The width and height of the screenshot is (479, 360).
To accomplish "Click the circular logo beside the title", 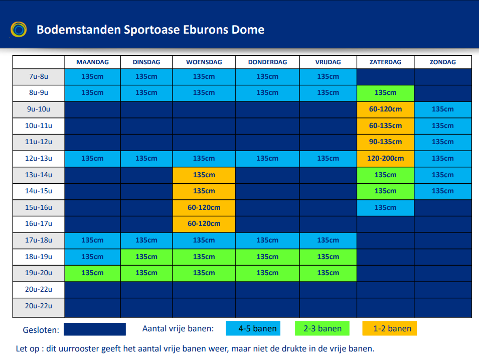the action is (x=19, y=29).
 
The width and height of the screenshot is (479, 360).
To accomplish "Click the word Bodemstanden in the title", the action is (x=79, y=30).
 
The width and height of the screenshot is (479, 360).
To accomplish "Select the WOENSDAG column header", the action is (x=204, y=62).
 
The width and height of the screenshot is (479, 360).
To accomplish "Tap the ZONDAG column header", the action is (x=443, y=62).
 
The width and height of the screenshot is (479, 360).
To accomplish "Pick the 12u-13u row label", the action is (x=39, y=159).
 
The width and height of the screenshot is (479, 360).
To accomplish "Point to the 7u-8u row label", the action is (x=39, y=76).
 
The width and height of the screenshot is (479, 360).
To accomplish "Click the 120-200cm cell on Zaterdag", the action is (x=386, y=159).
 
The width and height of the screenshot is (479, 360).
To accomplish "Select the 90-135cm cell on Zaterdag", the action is (x=386, y=142).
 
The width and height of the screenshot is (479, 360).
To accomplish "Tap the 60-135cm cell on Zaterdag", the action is (x=386, y=126).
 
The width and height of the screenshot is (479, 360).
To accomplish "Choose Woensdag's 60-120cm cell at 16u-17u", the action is (x=204, y=224).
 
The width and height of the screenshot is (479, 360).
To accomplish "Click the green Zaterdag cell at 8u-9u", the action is (x=386, y=93).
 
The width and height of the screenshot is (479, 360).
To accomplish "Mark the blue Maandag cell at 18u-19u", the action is (x=93, y=257).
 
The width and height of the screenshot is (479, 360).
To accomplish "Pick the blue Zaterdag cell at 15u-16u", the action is (x=386, y=208).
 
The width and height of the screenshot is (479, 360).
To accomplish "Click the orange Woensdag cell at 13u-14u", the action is (x=204, y=175).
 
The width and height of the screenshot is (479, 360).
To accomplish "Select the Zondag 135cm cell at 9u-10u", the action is (x=443, y=109).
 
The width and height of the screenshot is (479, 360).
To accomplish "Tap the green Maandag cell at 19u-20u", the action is (x=93, y=273).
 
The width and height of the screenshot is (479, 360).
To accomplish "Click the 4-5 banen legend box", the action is (x=253, y=328).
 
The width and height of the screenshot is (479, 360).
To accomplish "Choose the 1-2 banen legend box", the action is (x=390, y=328).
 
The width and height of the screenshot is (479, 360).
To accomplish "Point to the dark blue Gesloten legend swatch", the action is (x=95, y=329).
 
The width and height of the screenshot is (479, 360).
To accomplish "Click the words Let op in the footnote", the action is (x=28, y=348).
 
